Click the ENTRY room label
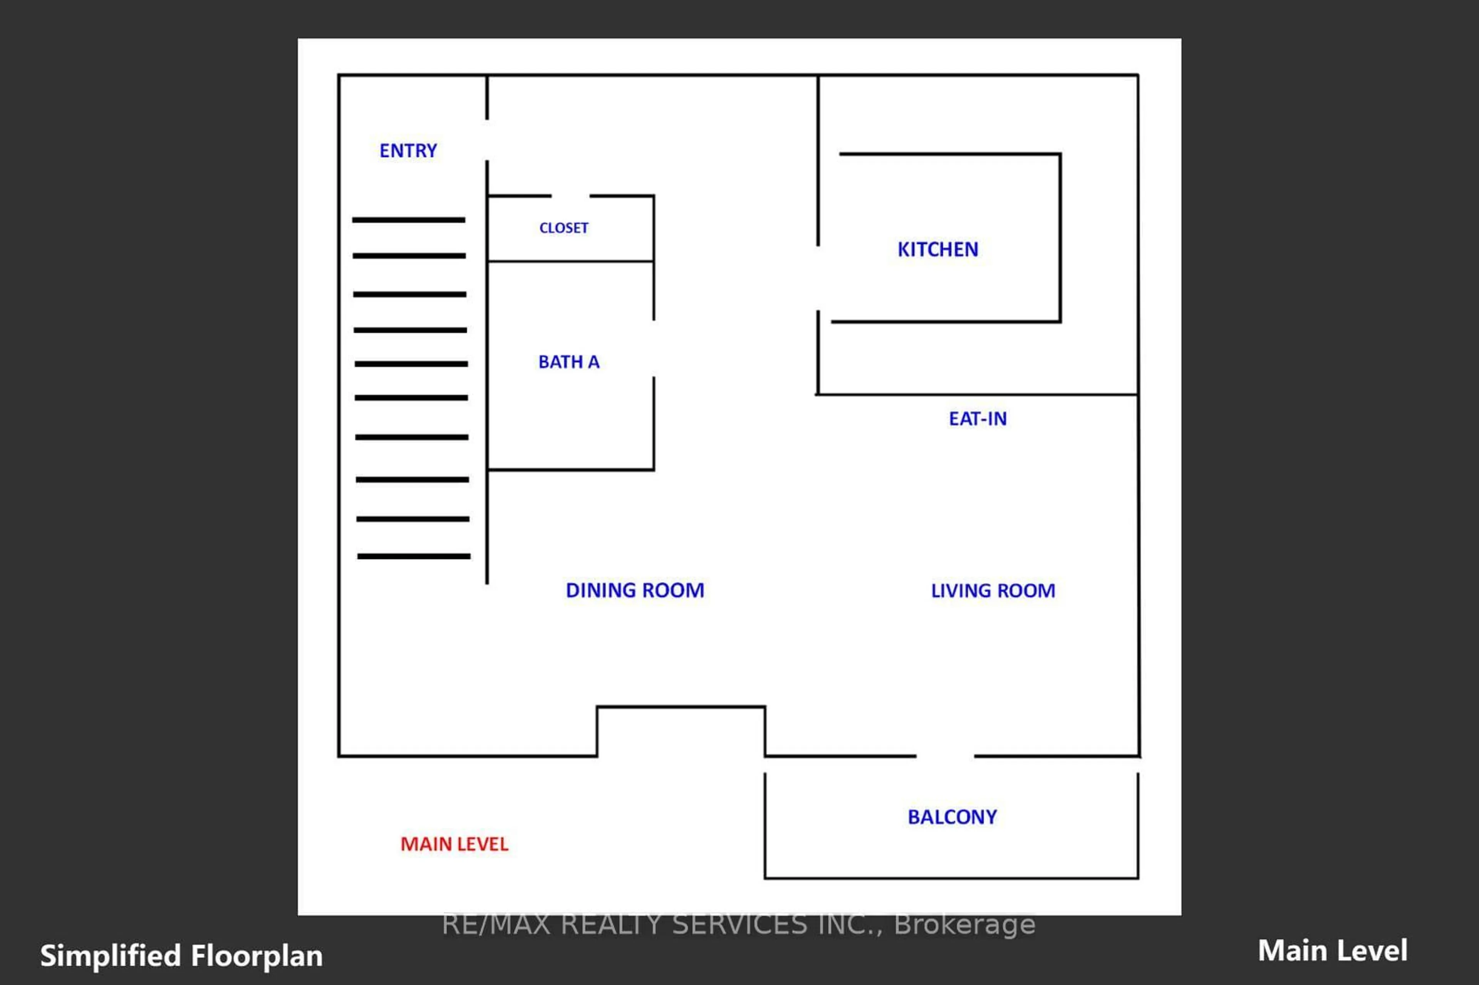click(408, 151)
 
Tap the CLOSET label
click(563, 228)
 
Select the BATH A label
click(568, 362)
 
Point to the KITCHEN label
click(937, 250)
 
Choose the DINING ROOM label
click(635, 590)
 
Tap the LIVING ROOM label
click(993, 590)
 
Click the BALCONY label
click(952, 817)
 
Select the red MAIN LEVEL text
click(454, 844)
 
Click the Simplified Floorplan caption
click(181, 955)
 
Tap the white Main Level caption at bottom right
click(1332, 950)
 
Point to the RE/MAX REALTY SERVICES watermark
click(738, 924)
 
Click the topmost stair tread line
click(408, 220)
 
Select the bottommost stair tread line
click(413, 556)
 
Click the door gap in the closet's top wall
click(570, 196)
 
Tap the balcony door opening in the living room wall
click(945, 756)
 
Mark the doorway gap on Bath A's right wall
click(654, 348)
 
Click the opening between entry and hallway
click(487, 139)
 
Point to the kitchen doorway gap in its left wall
click(818, 278)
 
